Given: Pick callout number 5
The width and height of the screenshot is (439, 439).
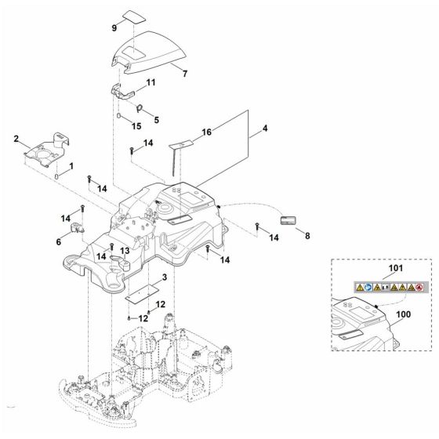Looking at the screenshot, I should tap(156, 120).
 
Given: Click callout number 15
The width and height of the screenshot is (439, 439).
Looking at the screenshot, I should tap(136, 125).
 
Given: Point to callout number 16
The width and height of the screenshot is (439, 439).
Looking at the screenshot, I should tap(207, 133).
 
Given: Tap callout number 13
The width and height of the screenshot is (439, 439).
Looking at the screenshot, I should tap(124, 250).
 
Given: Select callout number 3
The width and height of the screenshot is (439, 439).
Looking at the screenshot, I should tap(164, 278).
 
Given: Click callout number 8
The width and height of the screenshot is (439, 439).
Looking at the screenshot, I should tap(307, 235).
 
